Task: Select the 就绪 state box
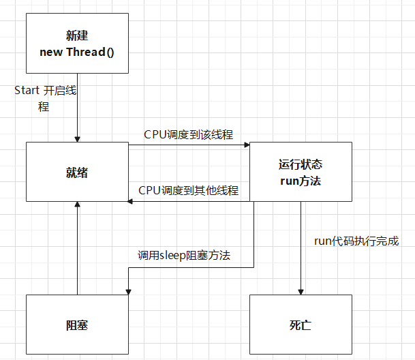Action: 77,172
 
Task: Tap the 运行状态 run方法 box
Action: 301,172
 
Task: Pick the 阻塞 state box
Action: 77,325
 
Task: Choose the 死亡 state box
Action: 301,325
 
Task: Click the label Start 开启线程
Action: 44,98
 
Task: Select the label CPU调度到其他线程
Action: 189,190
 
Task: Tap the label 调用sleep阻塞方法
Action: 184,256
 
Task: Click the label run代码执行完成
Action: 356,241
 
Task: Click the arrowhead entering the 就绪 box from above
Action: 77,138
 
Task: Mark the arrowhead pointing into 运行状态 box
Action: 247,145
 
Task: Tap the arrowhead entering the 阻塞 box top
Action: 128,291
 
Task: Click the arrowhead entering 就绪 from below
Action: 77,205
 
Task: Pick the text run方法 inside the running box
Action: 301,181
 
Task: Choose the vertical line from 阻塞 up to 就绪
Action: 77,252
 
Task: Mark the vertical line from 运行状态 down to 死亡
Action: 301,245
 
